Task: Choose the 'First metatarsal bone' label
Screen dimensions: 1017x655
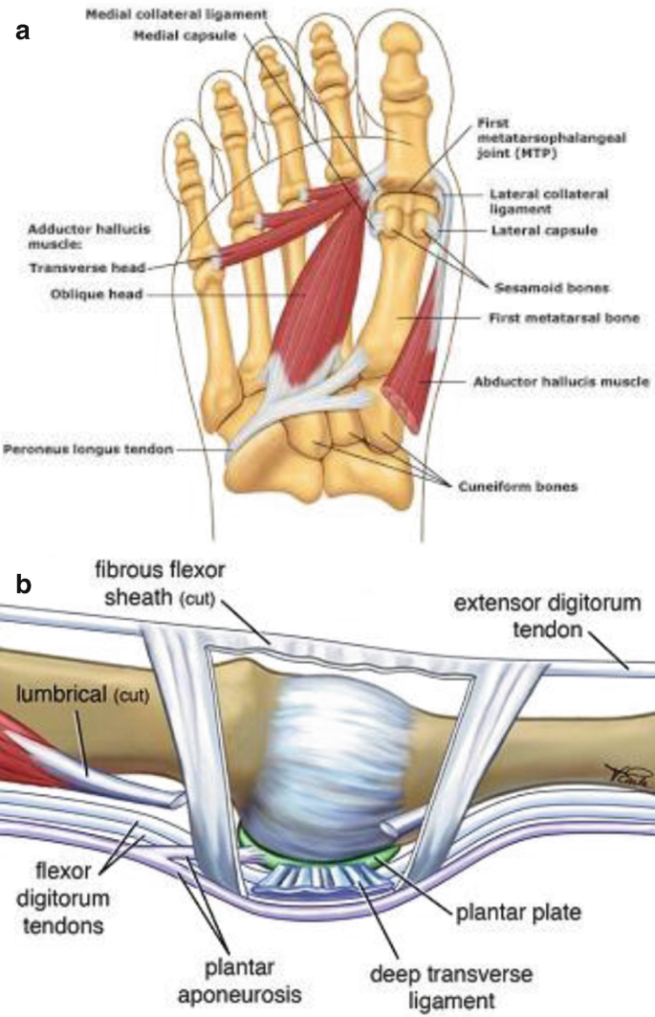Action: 549,317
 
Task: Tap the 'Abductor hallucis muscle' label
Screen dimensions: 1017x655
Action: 560,381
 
